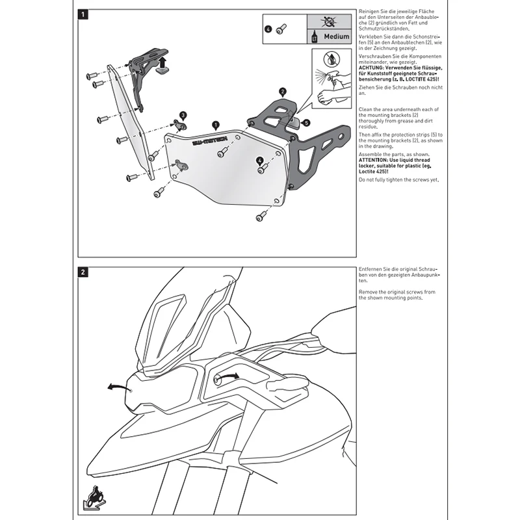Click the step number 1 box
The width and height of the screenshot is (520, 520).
click(x=83, y=13)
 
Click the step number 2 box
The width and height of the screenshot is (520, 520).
click(x=83, y=272)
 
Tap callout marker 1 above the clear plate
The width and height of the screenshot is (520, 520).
click(x=215, y=122)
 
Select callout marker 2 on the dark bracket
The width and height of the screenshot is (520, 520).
click(x=282, y=92)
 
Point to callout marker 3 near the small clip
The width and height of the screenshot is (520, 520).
click(x=183, y=114)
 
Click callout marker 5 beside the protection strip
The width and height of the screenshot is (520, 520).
click(x=306, y=121)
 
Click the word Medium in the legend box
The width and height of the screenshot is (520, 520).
click(x=337, y=37)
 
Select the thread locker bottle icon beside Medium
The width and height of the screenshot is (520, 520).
click(x=315, y=36)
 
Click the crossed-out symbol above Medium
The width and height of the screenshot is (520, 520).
click(x=332, y=21)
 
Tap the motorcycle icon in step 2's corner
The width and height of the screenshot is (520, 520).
click(x=96, y=499)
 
